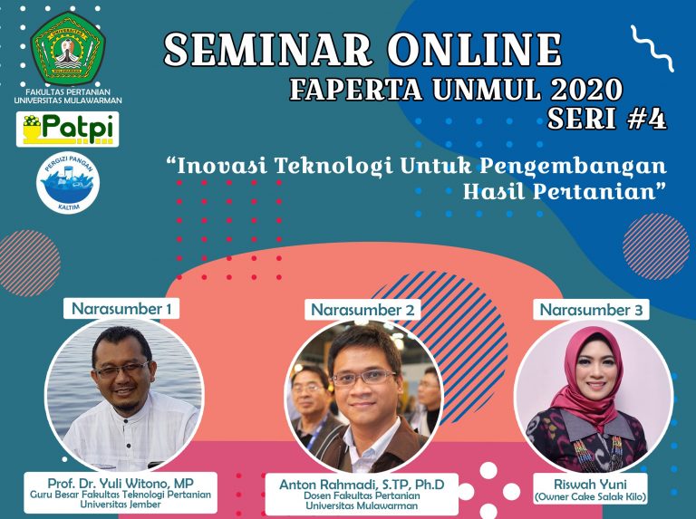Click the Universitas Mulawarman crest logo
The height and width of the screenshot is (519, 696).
68,48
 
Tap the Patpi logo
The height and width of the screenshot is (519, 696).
67,130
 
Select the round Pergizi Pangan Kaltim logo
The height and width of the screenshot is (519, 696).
67,182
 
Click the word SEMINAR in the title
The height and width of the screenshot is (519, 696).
268,50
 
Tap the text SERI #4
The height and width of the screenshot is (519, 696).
607,119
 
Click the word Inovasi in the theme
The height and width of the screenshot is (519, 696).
222,166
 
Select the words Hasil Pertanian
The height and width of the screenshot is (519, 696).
561,191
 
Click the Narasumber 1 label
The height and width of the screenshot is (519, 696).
121,308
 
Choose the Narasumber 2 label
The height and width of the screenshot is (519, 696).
362,310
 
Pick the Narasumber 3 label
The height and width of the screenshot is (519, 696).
591,310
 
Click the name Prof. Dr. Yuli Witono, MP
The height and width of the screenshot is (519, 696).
121,483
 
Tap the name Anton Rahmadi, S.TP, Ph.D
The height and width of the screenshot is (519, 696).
362,485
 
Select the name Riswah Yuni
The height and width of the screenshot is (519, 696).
590,484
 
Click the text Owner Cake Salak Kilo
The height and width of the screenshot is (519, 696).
590,497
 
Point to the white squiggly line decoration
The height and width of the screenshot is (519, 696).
652,48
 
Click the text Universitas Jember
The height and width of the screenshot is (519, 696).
121,505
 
